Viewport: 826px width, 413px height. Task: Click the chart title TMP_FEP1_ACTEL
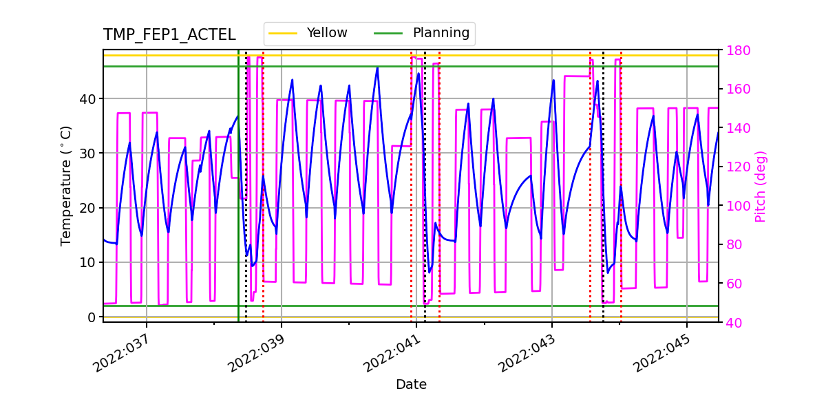click(169, 35)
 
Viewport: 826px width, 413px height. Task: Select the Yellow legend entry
click(327, 33)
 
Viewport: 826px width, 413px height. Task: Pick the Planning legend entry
click(441, 33)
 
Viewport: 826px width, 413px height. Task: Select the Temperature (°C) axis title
click(66, 185)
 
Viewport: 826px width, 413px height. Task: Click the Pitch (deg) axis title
click(761, 186)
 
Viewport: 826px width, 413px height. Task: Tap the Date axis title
click(411, 385)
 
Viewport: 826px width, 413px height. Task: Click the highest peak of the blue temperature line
click(377, 67)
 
